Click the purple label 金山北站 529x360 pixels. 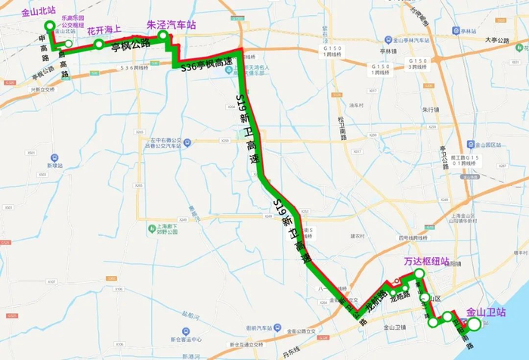click(37, 12)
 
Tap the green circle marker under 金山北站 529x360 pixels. click(51, 26)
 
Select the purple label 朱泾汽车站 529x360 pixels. click(171, 24)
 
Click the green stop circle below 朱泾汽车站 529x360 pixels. click(162, 36)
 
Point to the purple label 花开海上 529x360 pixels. click(105, 31)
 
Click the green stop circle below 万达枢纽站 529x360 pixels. click(419, 270)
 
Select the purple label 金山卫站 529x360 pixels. click(486, 312)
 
